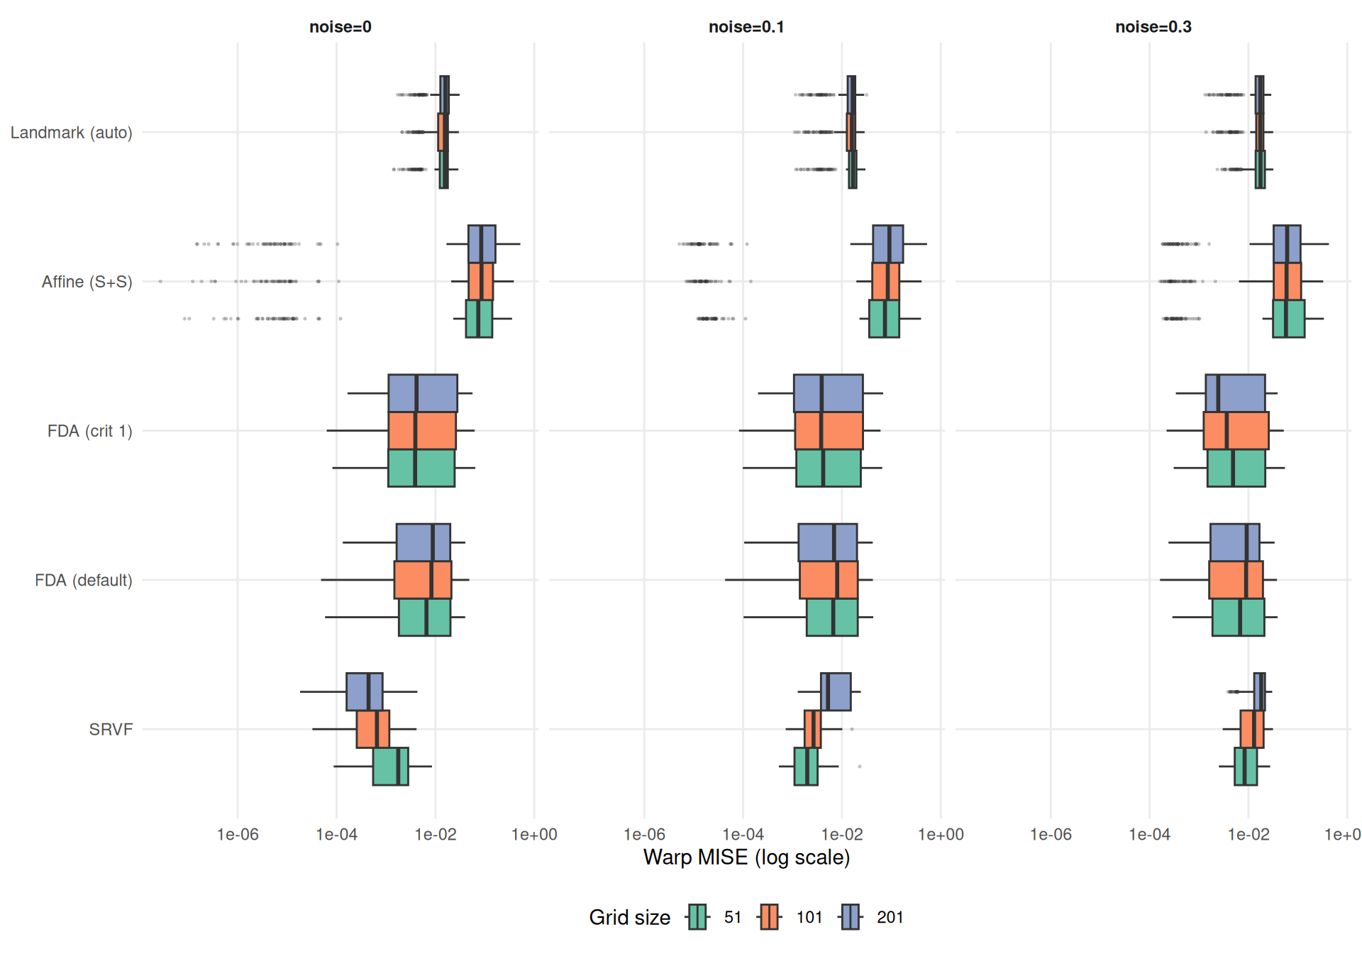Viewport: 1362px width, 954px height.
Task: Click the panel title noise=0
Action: click(x=340, y=27)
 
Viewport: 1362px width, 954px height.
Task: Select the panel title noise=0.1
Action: click(x=746, y=27)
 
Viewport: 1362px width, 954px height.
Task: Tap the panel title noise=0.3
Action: click(x=1153, y=27)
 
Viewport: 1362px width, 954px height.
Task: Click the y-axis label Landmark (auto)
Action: click(x=71, y=133)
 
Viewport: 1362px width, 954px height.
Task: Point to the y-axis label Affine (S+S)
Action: click(x=87, y=282)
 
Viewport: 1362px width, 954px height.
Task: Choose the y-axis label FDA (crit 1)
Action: click(x=89, y=431)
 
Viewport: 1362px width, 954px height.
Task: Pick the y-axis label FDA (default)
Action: click(x=83, y=581)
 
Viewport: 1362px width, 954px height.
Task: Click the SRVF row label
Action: click(x=111, y=730)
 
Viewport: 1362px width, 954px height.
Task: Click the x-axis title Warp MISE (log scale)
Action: click(x=746, y=857)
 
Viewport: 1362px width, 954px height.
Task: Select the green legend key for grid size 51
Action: click(x=698, y=917)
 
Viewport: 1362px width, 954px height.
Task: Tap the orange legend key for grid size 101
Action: click(x=770, y=917)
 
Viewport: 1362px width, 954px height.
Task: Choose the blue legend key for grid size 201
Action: click(x=851, y=917)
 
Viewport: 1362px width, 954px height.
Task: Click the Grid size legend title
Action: click(x=629, y=917)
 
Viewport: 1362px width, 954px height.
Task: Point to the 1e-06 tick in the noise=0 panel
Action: click(x=238, y=835)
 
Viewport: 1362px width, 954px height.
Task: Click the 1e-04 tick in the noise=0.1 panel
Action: click(x=743, y=835)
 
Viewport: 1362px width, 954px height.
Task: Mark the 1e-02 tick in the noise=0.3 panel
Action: click(x=1248, y=835)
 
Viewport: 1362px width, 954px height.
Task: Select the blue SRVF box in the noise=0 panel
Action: click(x=364, y=691)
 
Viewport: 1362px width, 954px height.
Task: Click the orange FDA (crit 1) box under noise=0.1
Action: click(x=829, y=431)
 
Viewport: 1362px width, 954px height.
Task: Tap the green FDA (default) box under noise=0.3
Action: click(x=1238, y=618)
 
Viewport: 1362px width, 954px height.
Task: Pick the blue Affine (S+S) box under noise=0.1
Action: click(x=887, y=244)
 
